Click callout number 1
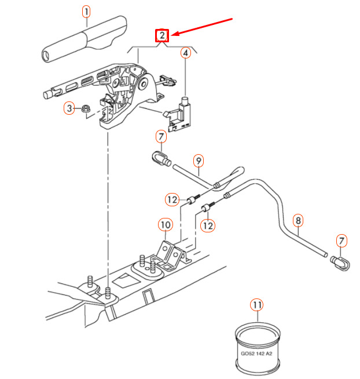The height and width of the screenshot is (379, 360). click(86, 12)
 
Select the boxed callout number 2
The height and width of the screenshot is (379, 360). click(163, 36)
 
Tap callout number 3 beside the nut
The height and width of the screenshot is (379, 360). click(69, 108)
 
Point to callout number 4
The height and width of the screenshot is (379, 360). click(186, 53)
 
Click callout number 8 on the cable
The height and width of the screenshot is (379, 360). click(298, 220)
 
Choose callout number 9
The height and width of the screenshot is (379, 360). click(197, 159)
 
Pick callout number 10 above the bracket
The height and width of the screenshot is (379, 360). click(165, 224)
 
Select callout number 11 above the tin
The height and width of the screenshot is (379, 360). click(256, 304)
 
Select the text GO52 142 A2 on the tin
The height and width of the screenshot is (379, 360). click(257, 351)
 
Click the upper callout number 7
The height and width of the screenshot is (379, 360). click(161, 137)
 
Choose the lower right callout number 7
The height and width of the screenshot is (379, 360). click(342, 240)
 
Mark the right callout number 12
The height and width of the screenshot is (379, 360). click(208, 224)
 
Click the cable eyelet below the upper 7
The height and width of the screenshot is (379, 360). click(160, 157)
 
